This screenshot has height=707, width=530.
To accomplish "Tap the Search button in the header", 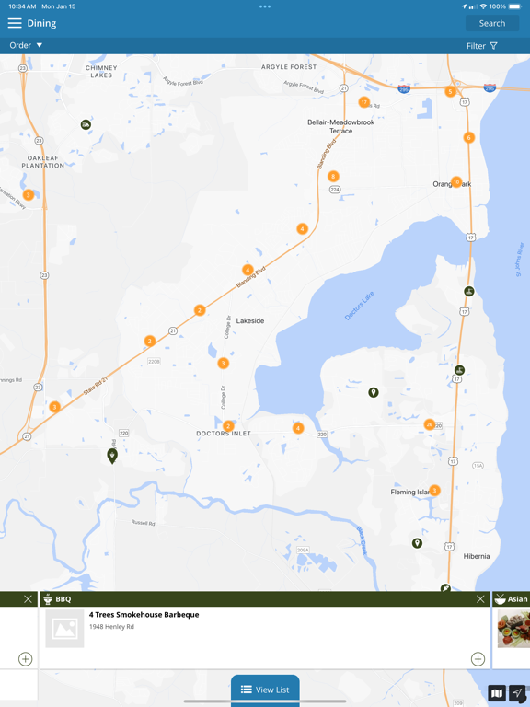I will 491,23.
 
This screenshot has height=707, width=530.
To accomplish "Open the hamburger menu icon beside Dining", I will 15,23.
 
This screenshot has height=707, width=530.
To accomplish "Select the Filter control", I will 481,46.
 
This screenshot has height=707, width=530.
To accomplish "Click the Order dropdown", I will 26,45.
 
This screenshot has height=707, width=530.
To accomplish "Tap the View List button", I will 265,690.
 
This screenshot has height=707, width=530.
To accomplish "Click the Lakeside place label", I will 250,321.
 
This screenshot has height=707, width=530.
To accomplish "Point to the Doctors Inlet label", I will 224,434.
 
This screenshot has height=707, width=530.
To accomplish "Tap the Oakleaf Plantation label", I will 43,162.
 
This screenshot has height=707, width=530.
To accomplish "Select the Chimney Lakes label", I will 101,72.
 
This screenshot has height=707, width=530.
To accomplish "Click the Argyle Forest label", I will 289,67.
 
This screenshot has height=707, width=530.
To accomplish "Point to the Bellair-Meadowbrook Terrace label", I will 341,126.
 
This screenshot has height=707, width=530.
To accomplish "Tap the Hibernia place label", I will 477,557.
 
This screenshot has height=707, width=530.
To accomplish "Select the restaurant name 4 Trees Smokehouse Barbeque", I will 144,615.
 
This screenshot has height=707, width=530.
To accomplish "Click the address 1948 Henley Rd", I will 111,627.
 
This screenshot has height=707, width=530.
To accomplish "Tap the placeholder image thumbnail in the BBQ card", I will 64,629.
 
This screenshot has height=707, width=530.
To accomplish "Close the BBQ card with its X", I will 480,599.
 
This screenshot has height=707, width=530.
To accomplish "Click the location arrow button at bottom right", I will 518,693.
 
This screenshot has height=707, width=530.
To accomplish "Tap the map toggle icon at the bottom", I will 497,693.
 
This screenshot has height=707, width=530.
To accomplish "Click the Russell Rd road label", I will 143,523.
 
